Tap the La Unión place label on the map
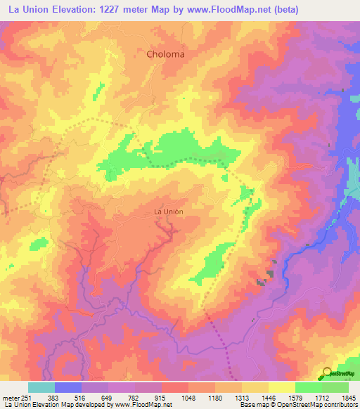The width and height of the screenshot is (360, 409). pos(169,212)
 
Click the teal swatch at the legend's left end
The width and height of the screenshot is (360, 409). pos(41,387)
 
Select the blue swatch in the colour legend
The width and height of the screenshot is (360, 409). pos(68,387)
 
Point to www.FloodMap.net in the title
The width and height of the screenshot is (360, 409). pos(227,9)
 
